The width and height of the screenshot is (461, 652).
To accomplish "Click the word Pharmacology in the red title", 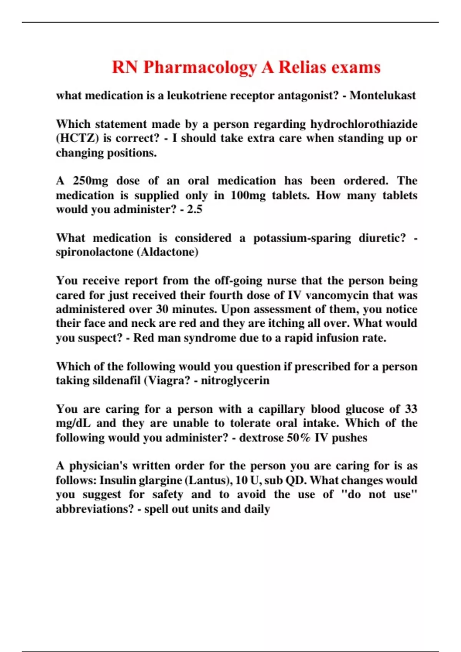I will (200, 68).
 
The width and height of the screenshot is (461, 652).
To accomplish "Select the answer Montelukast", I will (383, 95).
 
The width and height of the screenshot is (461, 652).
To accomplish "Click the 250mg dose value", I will (91, 181).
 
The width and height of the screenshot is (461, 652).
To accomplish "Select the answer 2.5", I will (195, 210).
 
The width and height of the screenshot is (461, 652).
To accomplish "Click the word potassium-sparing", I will (302, 238).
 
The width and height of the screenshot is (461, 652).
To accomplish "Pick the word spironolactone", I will (95, 252).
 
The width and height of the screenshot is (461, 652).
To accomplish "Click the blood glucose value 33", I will (411, 409).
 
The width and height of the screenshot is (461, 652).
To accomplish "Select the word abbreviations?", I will (95, 509).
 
